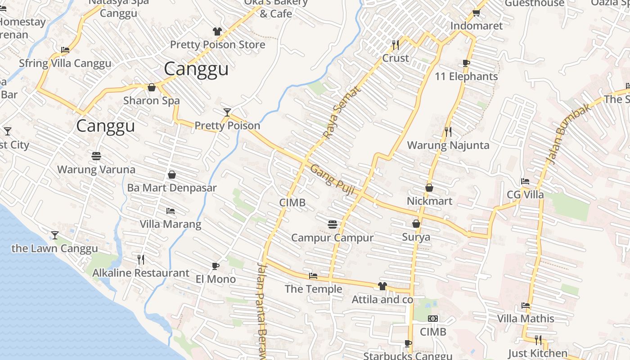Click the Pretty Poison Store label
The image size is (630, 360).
[x=217, y=45]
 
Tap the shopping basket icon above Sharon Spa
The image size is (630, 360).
[x=152, y=87]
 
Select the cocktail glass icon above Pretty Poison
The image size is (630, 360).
[x=227, y=112]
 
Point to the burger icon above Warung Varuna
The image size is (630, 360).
[x=96, y=156]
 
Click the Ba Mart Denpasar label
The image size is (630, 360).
[x=171, y=188]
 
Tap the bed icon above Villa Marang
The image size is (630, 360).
[x=170, y=211]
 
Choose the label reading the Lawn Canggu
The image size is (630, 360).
[x=54, y=248]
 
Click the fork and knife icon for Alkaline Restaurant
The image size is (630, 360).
[x=141, y=259]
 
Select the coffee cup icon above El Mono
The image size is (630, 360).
[x=216, y=266]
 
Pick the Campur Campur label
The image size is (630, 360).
[x=332, y=238]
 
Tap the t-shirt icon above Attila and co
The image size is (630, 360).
[x=382, y=286]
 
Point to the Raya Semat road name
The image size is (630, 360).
[x=342, y=113]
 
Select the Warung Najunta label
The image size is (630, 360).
[x=448, y=145]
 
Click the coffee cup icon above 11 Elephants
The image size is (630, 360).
[x=466, y=63]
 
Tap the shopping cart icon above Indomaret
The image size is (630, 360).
[x=476, y=12]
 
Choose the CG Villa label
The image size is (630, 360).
[x=525, y=195]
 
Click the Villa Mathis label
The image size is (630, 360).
[x=525, y=319]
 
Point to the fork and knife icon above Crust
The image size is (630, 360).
[x=396, y=45]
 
